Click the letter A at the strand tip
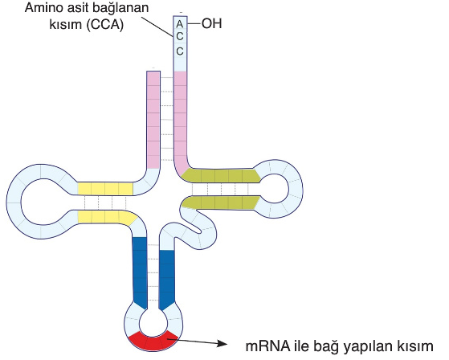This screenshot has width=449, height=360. click(x=180, y=24)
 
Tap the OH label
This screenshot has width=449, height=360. click(x=212, y=23)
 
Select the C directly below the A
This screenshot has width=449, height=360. click(x=180, y=37)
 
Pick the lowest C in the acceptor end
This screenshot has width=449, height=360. click(x=180, y=51)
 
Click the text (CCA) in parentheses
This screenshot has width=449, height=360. click(x=104, y=25)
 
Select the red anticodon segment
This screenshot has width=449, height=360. click(x=153, y=341)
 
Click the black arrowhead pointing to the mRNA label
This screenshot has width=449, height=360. click(x=222, y=343)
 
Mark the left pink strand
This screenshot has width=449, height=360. click(x=153, y=120)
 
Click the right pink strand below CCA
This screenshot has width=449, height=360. click(x=180, y=121)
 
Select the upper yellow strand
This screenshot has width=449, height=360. click(x=105, y=189)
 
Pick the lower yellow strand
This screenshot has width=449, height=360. click(x=106, y=217)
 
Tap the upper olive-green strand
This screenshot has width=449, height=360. click(x=221, y=175)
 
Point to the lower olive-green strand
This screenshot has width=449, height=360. click(x=221, y=202)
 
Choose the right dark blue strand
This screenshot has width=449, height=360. click(x=166, y=279)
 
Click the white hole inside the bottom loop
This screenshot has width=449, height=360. click(x=153, y=324)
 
